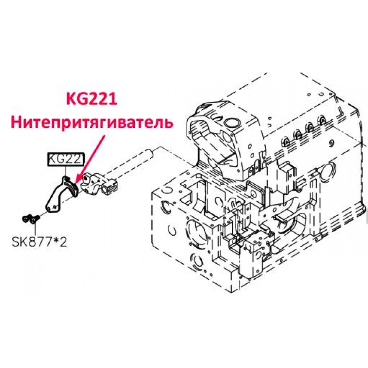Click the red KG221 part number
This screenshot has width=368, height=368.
point(92,99)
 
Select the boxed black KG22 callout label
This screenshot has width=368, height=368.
point(66,160)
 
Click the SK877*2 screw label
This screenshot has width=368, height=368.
point(39,242)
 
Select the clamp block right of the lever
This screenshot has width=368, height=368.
point(99,184)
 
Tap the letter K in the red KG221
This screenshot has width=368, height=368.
point(71,99)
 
